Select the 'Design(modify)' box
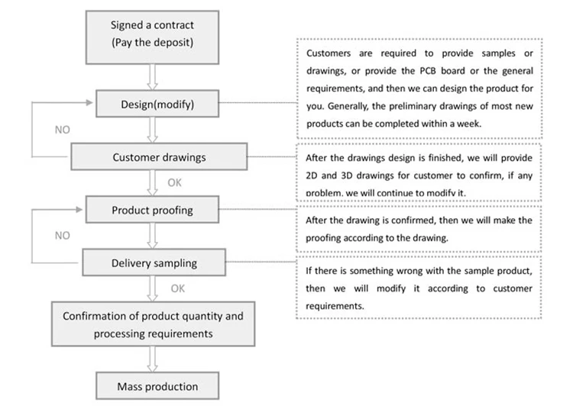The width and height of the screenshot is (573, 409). pos(157,105)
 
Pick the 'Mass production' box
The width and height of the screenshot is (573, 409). pos(157,386)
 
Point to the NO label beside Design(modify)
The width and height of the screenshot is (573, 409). pos(63,130)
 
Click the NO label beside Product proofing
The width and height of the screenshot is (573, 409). pos(63,236)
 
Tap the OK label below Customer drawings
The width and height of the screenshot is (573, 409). pos(176,183)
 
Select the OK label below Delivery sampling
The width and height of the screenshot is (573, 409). pos(177,288)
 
